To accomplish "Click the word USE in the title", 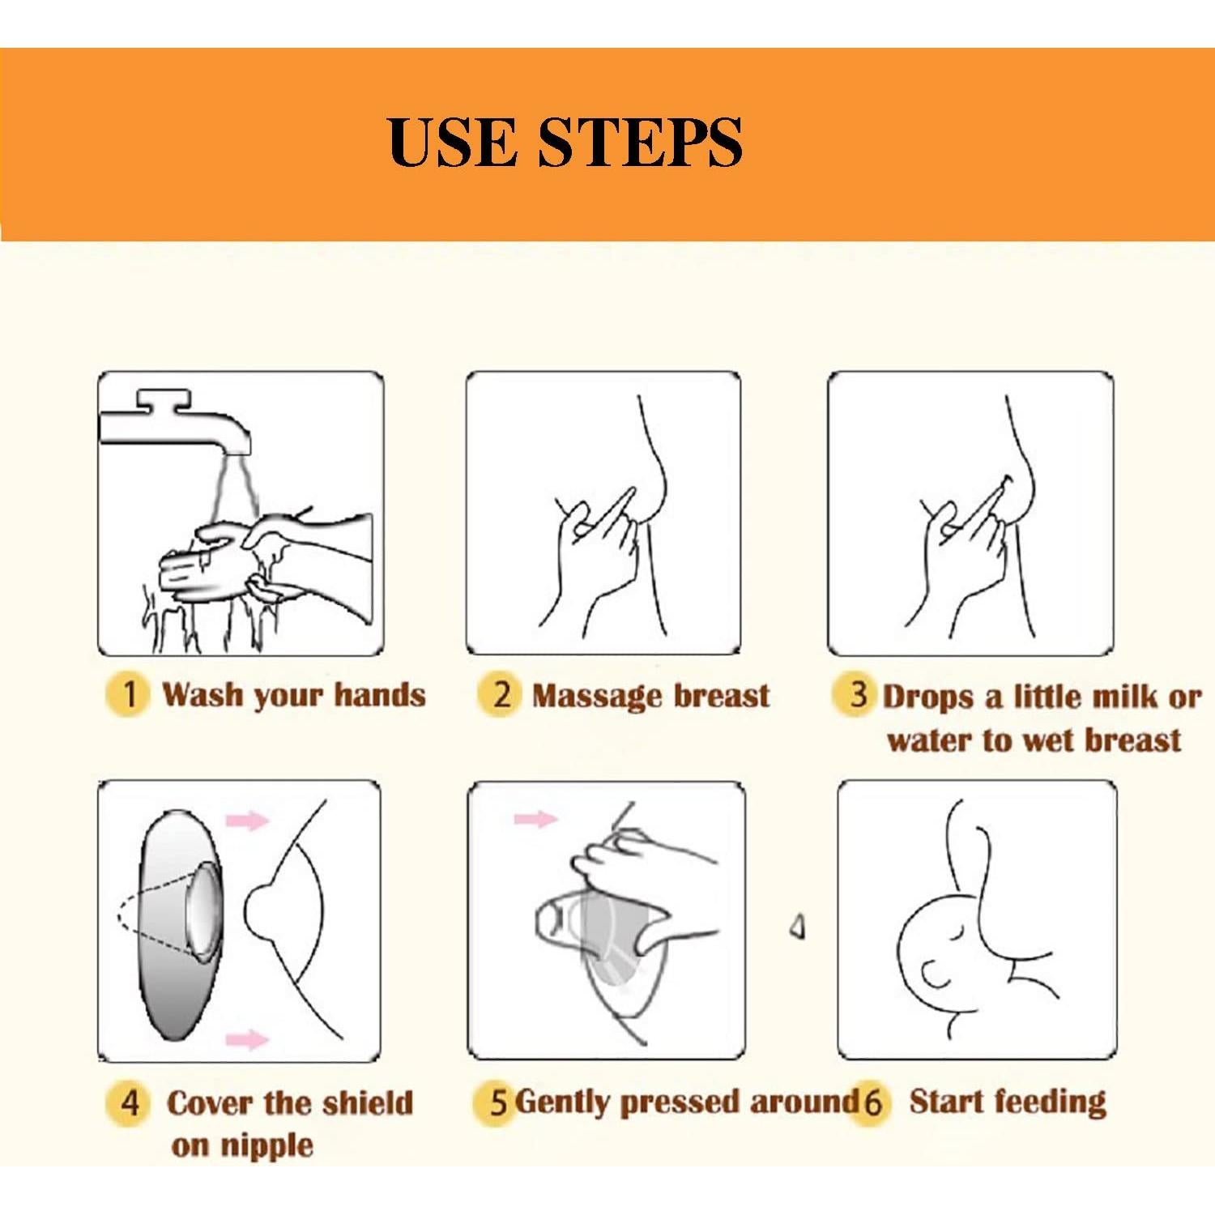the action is [x=452, y=142].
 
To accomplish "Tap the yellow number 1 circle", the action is [x=127, y=695].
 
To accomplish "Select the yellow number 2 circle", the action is [x=501, y=695].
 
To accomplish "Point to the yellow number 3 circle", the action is [x=857, y=695].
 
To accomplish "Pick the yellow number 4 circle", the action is [x=129, y=1102].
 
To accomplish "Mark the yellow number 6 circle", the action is [x=871, y=1102].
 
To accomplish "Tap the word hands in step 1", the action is [x=380, y=695].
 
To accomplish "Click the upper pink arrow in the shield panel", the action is [x=247, y=821].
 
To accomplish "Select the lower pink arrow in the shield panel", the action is [x=246, y=1039].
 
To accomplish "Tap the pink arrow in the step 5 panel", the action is [x=535, y=819].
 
